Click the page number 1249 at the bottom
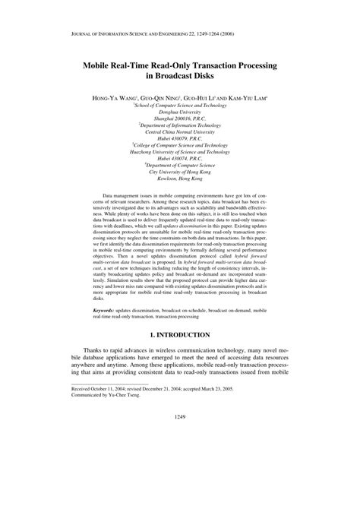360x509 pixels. point(180,479)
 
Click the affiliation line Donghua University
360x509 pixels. point(180,114)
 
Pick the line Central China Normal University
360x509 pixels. point(180,135)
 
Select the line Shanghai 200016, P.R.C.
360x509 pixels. point(180,121)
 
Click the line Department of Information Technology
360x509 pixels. point(180,128)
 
